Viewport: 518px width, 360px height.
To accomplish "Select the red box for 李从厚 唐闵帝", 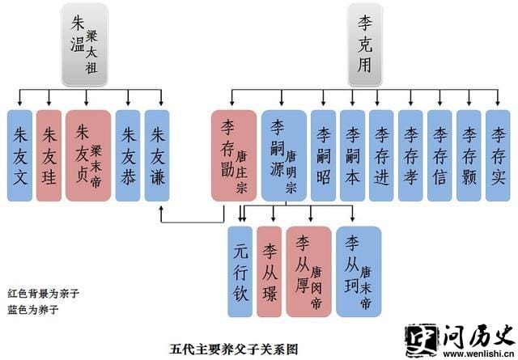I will pyautogui.click(x=308, y=271).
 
